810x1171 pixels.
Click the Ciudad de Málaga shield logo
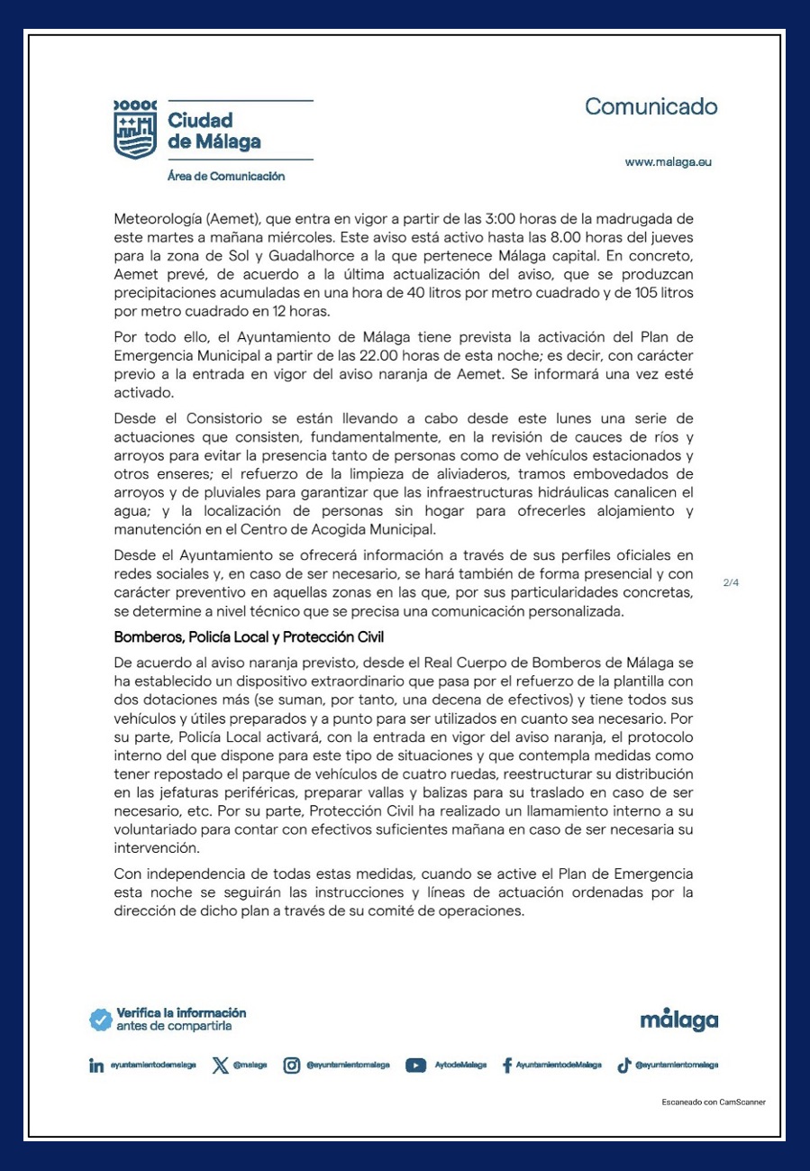pos(135,130)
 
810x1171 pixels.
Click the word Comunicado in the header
pos(651,106)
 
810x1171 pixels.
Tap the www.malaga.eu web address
pos(669,162)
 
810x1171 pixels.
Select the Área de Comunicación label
pos(226,177)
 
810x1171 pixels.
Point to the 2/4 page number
pos(731,582)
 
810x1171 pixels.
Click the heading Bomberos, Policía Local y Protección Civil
pos(249,636)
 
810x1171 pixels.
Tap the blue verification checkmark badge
pos(100,1020)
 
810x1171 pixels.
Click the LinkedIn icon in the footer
pos(96,1066)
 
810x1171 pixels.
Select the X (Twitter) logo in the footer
pos(220,1066)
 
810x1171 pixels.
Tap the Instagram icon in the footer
pos(292,1066)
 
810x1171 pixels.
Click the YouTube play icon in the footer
pos(415,1066)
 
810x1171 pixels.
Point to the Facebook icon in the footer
pos(507,1066)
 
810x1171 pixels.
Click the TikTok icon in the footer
pos(623,1066)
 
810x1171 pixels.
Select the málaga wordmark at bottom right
pos(678,1020)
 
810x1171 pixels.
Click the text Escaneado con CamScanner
pos(714,1102)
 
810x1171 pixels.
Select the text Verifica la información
pos(181,1013)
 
